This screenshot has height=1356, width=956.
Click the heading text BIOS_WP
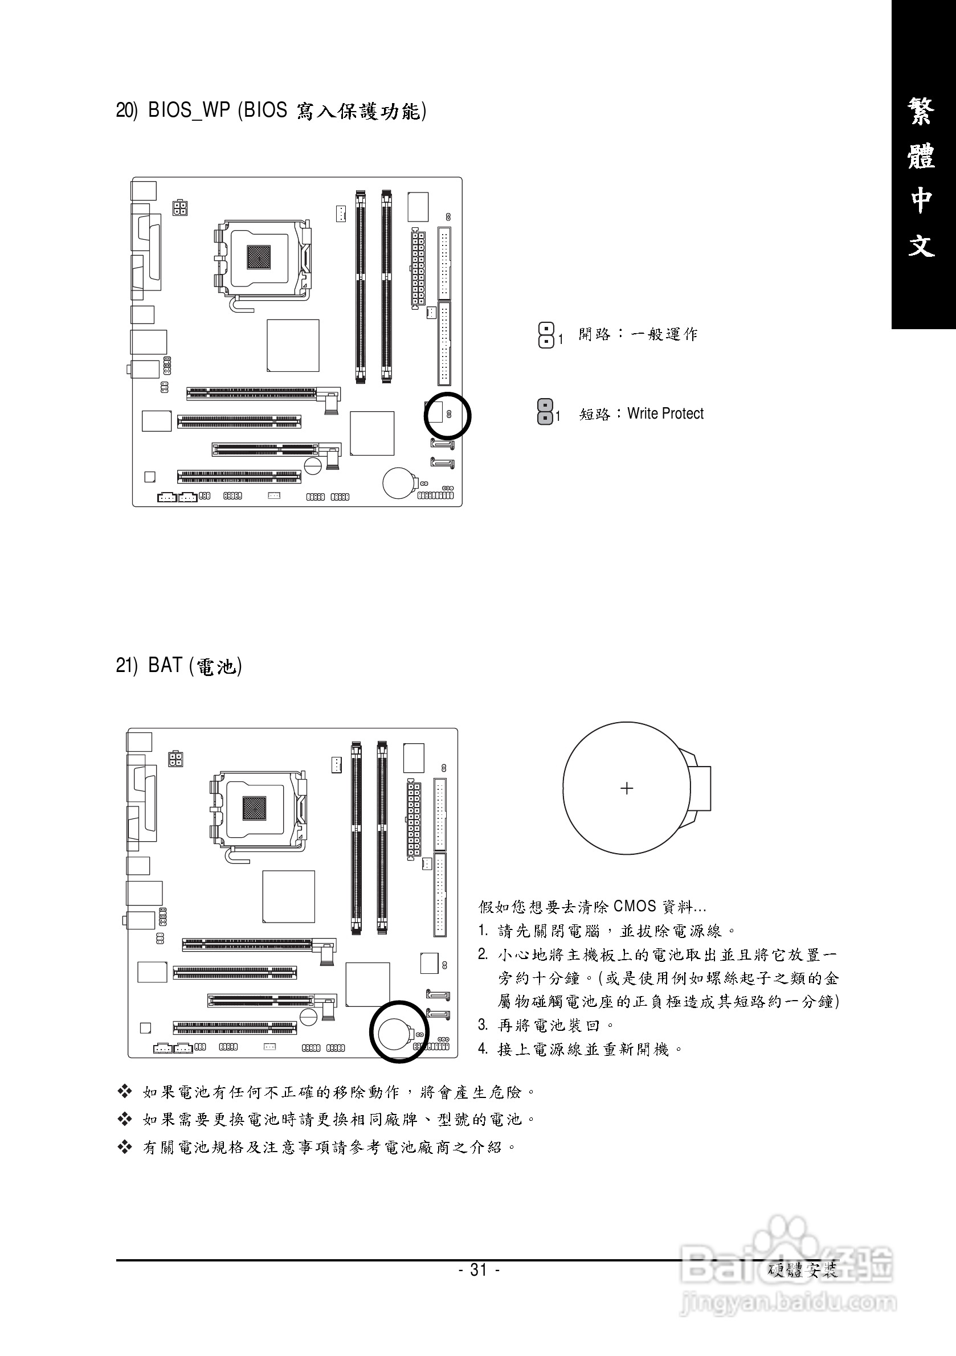point(189,110)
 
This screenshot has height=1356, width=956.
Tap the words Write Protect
point(665,413)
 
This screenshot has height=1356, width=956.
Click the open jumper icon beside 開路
point(546,334)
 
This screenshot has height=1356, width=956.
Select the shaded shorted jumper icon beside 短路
point(545,411)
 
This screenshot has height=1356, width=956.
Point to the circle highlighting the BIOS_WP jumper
point(447,415)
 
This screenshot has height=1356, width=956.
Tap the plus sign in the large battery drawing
point(627,788)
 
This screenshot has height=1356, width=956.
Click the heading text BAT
point(165,666)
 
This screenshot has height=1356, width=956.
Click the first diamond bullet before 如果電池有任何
point(125,1091)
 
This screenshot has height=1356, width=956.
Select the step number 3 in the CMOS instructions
point(483,1025)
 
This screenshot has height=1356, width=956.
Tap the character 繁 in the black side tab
point(922,112)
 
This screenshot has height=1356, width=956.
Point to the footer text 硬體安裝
point(803,1271)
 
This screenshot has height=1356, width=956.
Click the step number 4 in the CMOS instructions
point(483,1049)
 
